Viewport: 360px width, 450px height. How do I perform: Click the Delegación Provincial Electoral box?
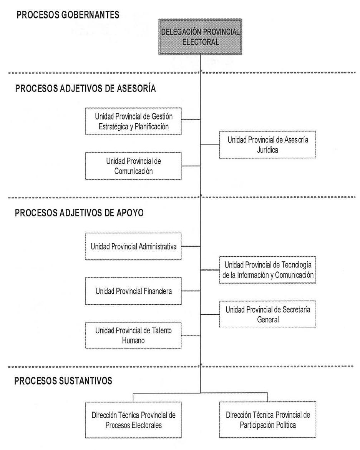coord(200,37)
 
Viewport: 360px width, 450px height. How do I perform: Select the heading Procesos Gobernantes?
coord(68,15)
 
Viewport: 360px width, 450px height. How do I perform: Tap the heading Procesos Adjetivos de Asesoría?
coord(85,88)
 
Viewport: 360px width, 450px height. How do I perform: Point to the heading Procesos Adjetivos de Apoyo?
coord(79,213)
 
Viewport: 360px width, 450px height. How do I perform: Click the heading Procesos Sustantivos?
coord(63,381)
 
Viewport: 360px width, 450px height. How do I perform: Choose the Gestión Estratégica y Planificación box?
coord(133,121)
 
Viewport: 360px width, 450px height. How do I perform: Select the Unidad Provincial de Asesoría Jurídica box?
coord(268,144)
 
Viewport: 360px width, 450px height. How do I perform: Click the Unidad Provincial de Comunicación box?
coord(133,166)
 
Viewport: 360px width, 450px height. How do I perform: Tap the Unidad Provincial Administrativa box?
coord(133,247)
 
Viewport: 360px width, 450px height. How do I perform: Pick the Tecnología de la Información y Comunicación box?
coord(268,270)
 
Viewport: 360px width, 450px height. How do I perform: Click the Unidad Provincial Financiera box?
coord(133,291)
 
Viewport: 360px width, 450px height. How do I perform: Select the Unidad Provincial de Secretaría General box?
coord(268,315)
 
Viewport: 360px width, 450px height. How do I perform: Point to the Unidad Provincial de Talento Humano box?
coord(133,335)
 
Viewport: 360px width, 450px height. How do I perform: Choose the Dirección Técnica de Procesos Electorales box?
coord(133,420)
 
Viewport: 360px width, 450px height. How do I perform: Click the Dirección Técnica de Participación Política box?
coord(268,420)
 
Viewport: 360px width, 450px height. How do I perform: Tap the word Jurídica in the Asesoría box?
coord(268,150)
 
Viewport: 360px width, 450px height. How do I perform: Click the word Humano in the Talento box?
coord(133,340)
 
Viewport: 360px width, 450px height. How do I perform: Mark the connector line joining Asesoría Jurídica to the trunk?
coord(210,145)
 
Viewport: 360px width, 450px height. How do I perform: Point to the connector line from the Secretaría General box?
coord(210,315)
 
